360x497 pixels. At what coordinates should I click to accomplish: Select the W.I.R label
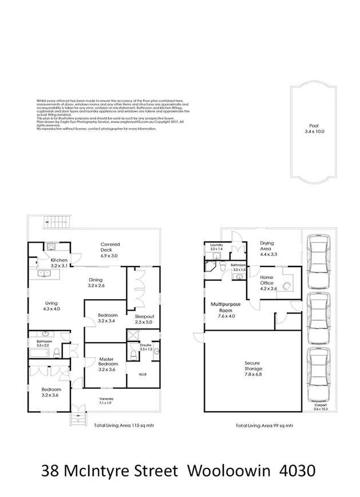click(x=143, y=375)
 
